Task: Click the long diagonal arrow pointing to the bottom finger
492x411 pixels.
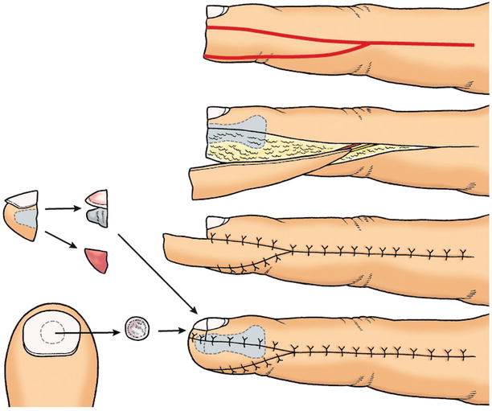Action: [158, 273]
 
